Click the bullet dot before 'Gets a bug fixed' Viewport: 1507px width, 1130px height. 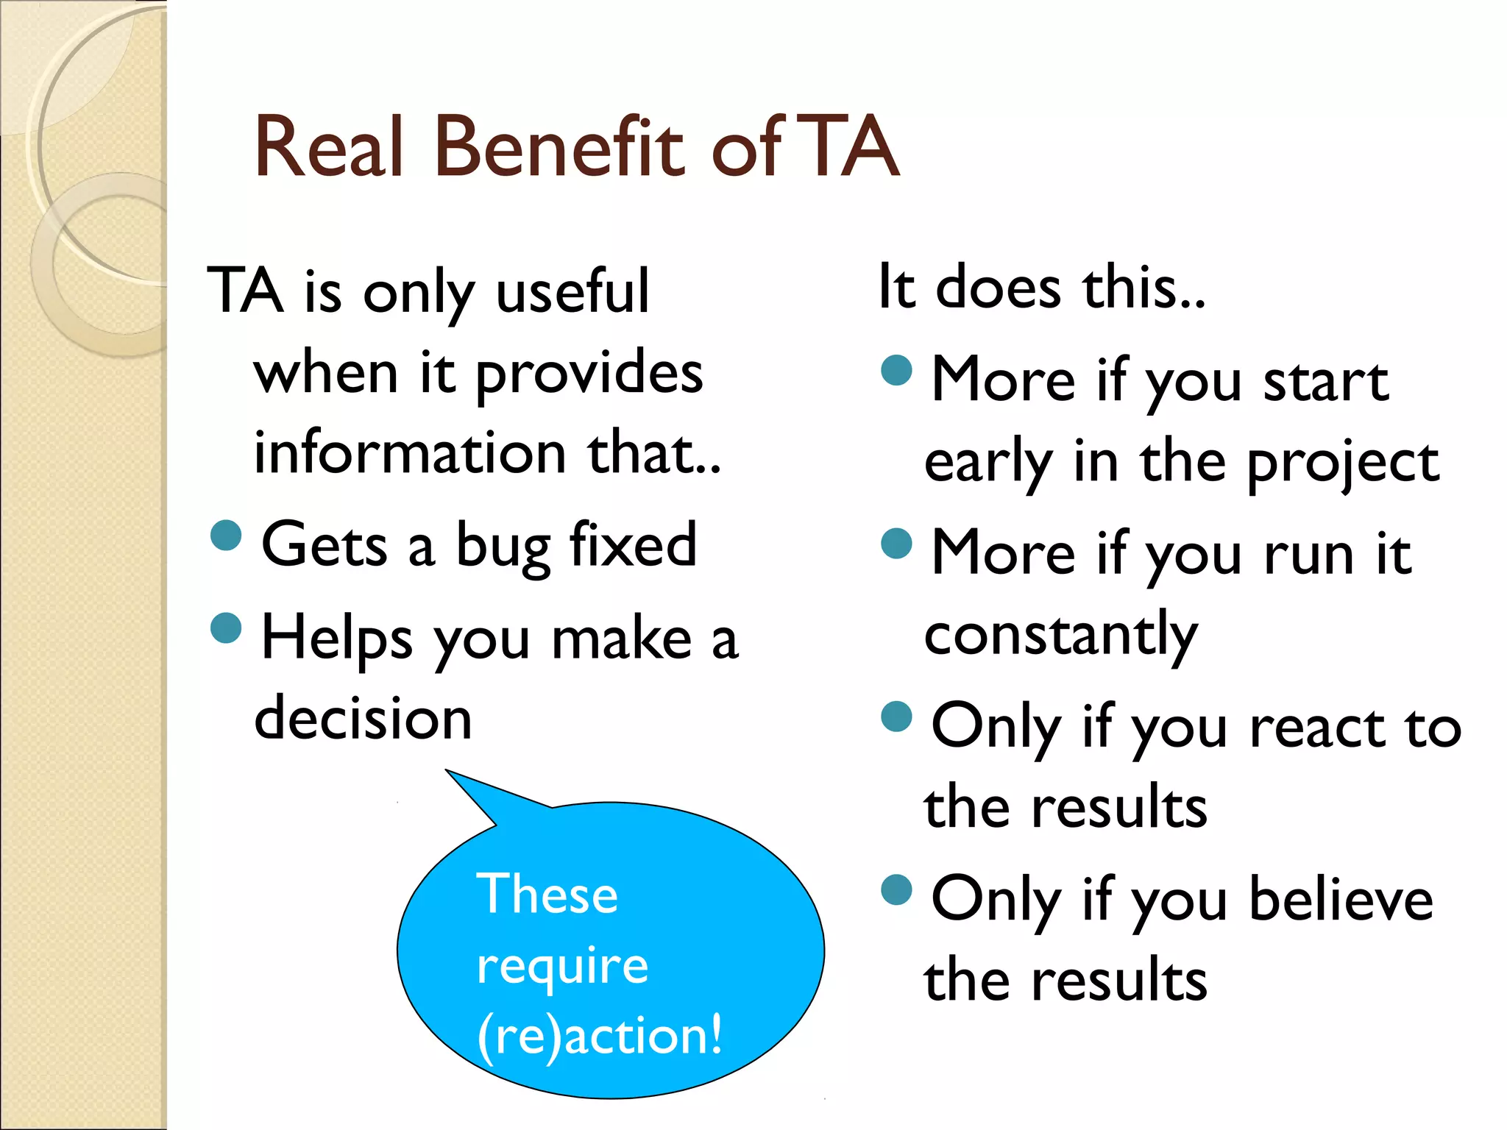[x=226, y=535]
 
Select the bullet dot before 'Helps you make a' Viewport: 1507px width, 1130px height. [x=226, y=628]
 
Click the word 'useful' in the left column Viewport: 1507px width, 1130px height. [x=572, y=291]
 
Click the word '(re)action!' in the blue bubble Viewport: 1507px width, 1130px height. [x=600, y=1035]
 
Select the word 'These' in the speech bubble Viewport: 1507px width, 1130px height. [x=547, y=895]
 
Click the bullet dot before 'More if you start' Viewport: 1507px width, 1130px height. [x=896, y=370]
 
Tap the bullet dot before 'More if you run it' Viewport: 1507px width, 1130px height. [x=896, y=543]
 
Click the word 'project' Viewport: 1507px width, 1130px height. [x=1343, y=464]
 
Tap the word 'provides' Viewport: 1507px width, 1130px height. [x=589, y=373]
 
